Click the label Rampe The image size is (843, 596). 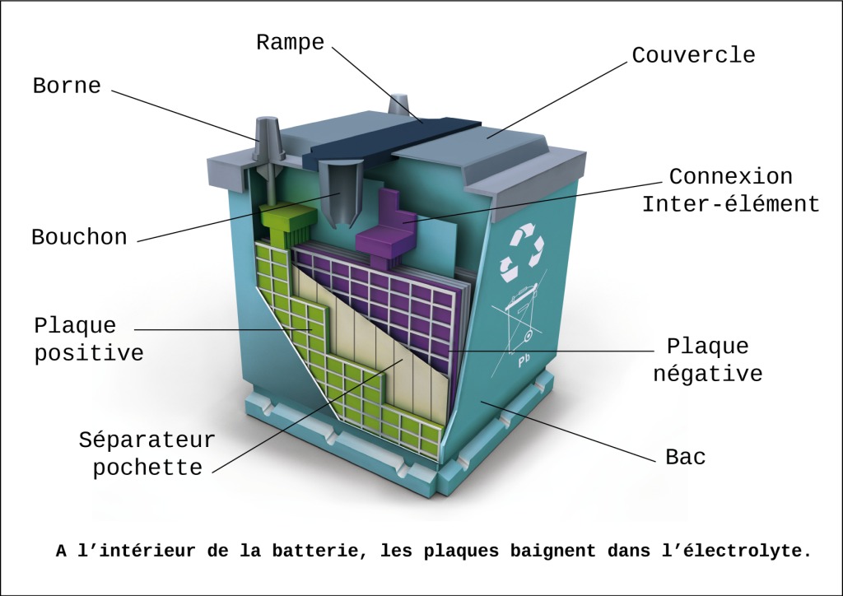tap(290, 43)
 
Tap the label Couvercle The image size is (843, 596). tap(693, 55)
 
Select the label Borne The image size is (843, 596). tap(67, 86)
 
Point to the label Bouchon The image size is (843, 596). tap(79, 238)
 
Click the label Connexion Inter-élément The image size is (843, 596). tap(730, 190)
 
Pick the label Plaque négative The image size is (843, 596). tap(707, 360)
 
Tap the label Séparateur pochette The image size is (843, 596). tap(147, 453)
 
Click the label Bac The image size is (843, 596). tap(685, 457)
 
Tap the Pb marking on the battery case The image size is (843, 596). tap(523, 360)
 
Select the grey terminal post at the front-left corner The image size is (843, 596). tap(269, 140)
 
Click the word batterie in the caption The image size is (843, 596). tap(318, 550)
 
